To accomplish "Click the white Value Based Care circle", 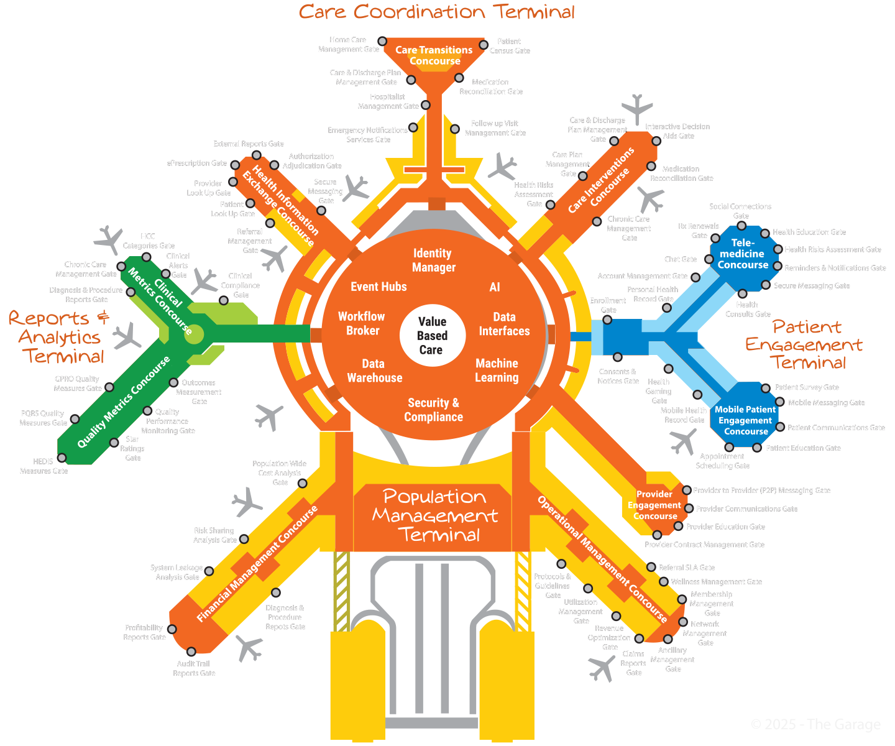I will click(431, 336).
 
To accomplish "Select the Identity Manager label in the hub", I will click(434, 260).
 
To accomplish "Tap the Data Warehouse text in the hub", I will click(374, 371).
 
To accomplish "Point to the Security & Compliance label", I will click(433, 410).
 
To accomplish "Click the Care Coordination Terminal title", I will click(436, 12).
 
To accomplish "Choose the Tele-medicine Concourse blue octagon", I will click(743, 254).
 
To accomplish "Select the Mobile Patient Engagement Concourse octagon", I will click(745, 420).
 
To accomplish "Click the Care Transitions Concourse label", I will click(434, 55).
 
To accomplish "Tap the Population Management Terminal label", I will click(434, 515).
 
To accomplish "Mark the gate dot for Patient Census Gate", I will click(484, 45).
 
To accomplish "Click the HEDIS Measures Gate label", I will click(44, 466).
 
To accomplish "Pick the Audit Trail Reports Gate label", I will click(194, 668).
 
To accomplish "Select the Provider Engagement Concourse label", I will click(654, 505).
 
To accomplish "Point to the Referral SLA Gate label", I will click(686, 568).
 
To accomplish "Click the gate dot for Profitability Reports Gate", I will click(172, 629).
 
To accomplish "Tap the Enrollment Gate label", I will click(608, 305).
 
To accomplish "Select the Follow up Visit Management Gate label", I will click(495, 128).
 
